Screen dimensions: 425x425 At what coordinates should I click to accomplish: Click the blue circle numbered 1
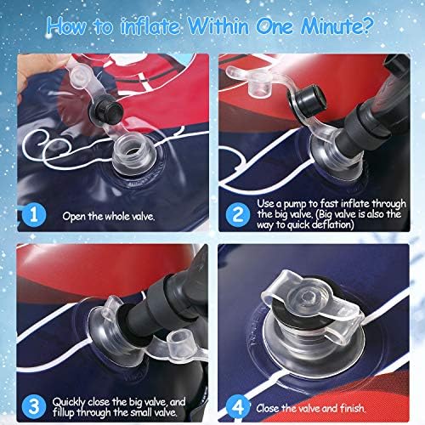(x=34, y=215)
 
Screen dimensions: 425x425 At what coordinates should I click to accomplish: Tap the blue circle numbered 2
(x=237, y=214)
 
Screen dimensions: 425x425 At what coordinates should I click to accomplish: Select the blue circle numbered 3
(x=34, y=407)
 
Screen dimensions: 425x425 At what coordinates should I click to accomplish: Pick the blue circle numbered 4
(x=237, y=407)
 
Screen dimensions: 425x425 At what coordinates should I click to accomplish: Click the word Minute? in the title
(x=337, y=26)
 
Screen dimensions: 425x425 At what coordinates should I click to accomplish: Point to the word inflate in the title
(x=150, y=27)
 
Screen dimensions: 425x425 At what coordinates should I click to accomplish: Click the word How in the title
(x=66, y=26)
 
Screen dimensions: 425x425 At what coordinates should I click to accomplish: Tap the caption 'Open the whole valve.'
(x=109, y=217)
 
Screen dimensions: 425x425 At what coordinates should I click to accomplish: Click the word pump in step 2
(x=295, y=205)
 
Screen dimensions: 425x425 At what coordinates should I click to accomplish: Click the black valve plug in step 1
(x=106, y=110)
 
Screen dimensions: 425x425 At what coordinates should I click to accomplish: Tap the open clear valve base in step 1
(x=133, y=155)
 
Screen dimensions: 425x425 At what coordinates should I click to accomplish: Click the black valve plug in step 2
(x=308, y=99)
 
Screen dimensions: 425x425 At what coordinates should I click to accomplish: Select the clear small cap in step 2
(x=259, y=85)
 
